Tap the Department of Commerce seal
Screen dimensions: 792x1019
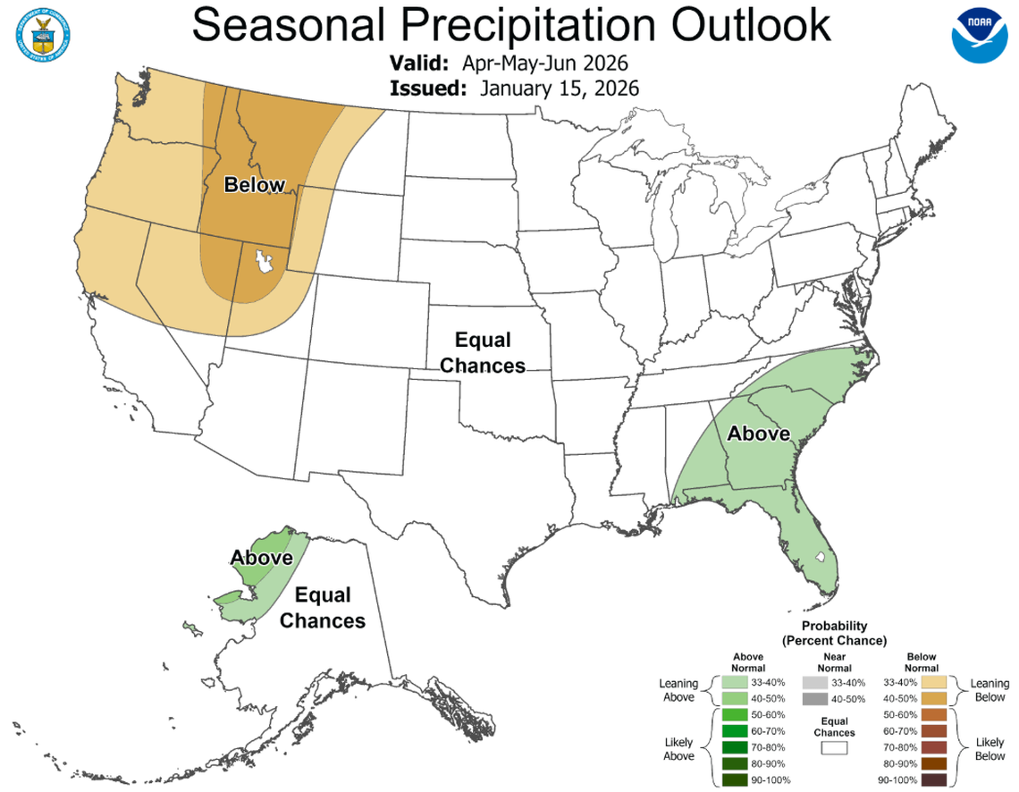click(x=42, y=34)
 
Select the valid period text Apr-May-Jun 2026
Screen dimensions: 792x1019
click(x=545, y=64)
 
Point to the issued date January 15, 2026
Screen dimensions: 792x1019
click(x=560, y=88)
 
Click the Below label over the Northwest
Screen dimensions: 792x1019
click(x=255, y=186)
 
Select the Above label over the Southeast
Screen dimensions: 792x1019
click(x=759, y=434)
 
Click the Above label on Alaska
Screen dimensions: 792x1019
click(x=262, y=558)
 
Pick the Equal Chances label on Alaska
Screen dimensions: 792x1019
click(x=322, y=607)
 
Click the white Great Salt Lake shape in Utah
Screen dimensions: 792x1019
click(x=265, y=262)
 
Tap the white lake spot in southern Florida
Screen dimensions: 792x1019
click(x=819, y=557)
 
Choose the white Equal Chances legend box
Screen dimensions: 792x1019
click(x=835, y=748)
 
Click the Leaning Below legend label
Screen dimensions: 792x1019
click(x=990, y=690)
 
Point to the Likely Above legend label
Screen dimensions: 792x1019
click(x=679, y=748)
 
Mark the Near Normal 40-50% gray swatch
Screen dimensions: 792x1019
click(x=814, y=699)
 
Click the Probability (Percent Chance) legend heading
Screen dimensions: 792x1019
click(x=833, y=633)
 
